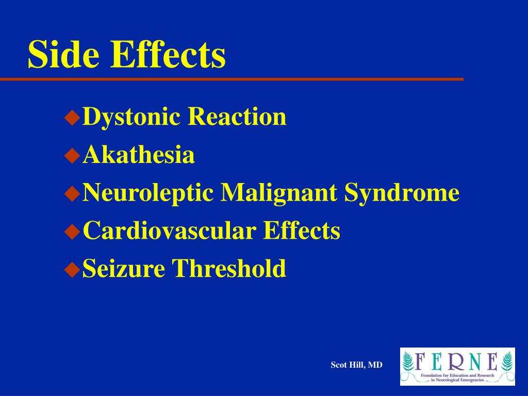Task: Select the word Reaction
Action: (x=237, y=117)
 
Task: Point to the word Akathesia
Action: (x=139, y=155)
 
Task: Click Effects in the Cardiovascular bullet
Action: (x=302, y=230)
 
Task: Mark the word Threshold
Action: (x=229, y=268)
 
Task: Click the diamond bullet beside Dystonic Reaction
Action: (x=72, y=118)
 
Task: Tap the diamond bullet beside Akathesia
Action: (x=72, y=156)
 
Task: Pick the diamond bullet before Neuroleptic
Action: (x=72, y=194)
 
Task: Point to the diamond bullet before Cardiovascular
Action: (x=72, y=232)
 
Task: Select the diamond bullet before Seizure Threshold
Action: (x=72, y=269)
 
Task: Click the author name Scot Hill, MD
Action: (x=357, y=365)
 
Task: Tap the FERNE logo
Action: (x=457, y=366)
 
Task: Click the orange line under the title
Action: (x=232, y=79)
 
